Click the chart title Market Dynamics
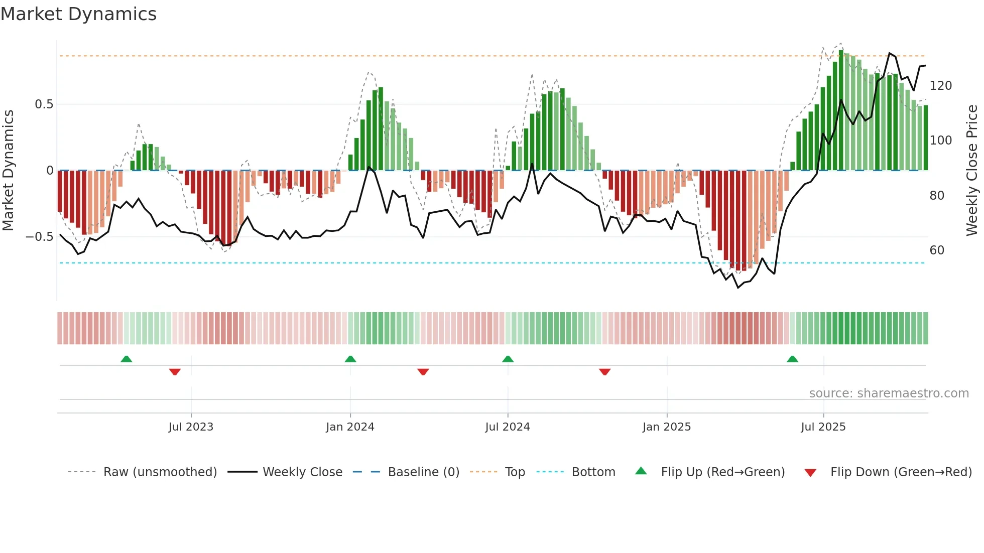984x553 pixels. point(78,14)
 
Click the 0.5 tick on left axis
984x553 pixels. point(44,104)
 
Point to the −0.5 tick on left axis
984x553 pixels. point(40,237)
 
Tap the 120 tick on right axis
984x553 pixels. point(940,86)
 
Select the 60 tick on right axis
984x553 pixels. point(937,250)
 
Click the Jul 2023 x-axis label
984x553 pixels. point(191,427)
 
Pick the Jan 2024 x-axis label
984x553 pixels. point(350,427)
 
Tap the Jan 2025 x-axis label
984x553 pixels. point(666,427)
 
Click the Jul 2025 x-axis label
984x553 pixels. point(823,427)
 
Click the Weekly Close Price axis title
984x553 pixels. point(972,171)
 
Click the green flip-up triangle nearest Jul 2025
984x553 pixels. point(792,359)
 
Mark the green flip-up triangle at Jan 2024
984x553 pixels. point(350,359)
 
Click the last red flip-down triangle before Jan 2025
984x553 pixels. point(604,372)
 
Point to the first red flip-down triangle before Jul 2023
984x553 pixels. point(175,372)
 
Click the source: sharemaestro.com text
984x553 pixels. point(889,393)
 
